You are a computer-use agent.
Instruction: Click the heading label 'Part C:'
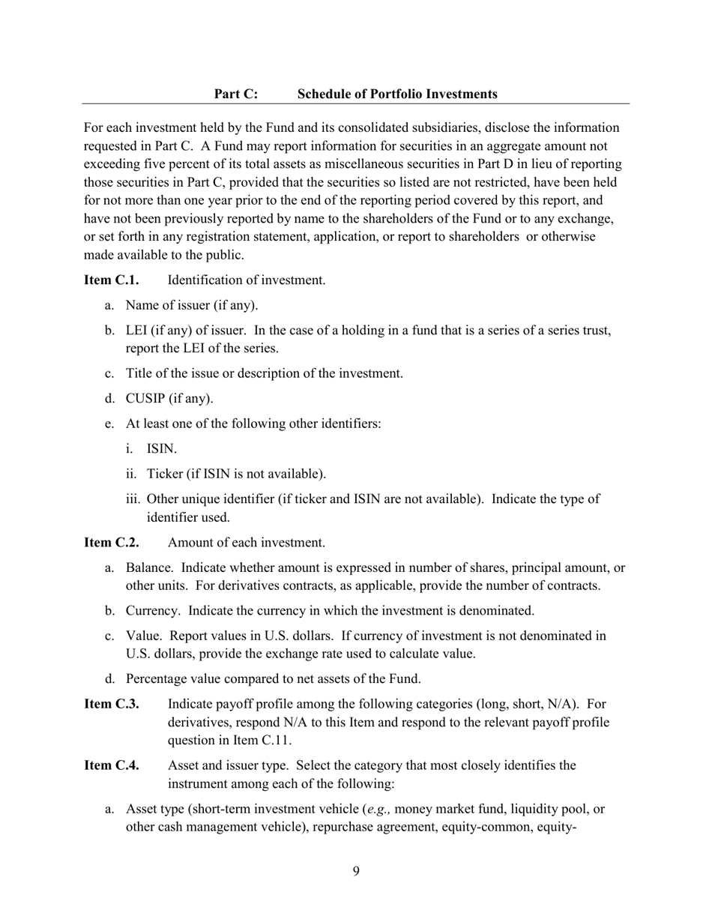pos(235,94)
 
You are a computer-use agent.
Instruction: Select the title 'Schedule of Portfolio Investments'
pos(397,94)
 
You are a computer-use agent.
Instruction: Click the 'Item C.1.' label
pos(111,280)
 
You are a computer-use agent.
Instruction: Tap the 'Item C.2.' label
pos(111,543)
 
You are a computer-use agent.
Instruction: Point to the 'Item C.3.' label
pos(111,705)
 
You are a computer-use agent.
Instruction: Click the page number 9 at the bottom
pos(356,871)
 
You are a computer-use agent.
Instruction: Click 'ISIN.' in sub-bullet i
pos(162,449)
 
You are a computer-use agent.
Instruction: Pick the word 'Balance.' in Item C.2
pos(150,568)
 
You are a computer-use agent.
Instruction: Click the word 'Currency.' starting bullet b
pos(153,611)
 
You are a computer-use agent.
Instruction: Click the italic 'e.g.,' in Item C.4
pos(380,810)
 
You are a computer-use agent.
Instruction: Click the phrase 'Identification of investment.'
pos(247,280)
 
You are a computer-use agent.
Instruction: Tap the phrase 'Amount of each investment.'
pos(246,543)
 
